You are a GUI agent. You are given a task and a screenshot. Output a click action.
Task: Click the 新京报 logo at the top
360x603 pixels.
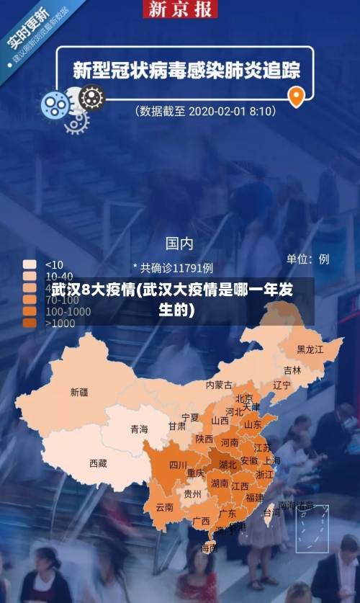[180, 9]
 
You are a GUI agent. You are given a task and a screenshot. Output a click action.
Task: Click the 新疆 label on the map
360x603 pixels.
[79, 393]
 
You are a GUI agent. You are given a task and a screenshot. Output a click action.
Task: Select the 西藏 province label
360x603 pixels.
[98, 463]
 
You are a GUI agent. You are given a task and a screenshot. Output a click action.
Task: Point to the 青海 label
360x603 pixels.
[139, 429]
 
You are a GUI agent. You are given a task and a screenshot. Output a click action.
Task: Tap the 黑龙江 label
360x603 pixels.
[310, 349]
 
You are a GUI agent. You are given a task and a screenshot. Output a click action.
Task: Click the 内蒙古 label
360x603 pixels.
[219, 385]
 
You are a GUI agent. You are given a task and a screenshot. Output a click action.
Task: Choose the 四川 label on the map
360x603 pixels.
[179, 465]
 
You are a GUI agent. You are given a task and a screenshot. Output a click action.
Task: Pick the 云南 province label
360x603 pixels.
[165, 507]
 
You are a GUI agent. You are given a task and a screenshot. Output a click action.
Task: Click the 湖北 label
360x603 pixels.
[228, 465]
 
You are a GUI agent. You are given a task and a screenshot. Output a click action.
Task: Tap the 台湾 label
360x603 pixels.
[271, 513]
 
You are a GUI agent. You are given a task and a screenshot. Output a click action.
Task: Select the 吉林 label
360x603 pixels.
[292, 370]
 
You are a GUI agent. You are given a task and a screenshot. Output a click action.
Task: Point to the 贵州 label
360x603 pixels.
[192, 494]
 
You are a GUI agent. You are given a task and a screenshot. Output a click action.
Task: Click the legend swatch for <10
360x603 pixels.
[30, 264]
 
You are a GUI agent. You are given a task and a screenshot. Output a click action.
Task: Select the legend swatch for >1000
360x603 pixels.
[30, 323]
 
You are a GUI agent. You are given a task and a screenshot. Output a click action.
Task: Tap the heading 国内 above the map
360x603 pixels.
[179, 243]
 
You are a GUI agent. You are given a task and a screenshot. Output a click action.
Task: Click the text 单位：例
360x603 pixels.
[307, 259]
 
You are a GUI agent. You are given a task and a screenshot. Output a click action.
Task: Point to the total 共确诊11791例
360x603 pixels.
[174, 268]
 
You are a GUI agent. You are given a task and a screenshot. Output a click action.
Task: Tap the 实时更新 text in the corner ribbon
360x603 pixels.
[27, 28]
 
